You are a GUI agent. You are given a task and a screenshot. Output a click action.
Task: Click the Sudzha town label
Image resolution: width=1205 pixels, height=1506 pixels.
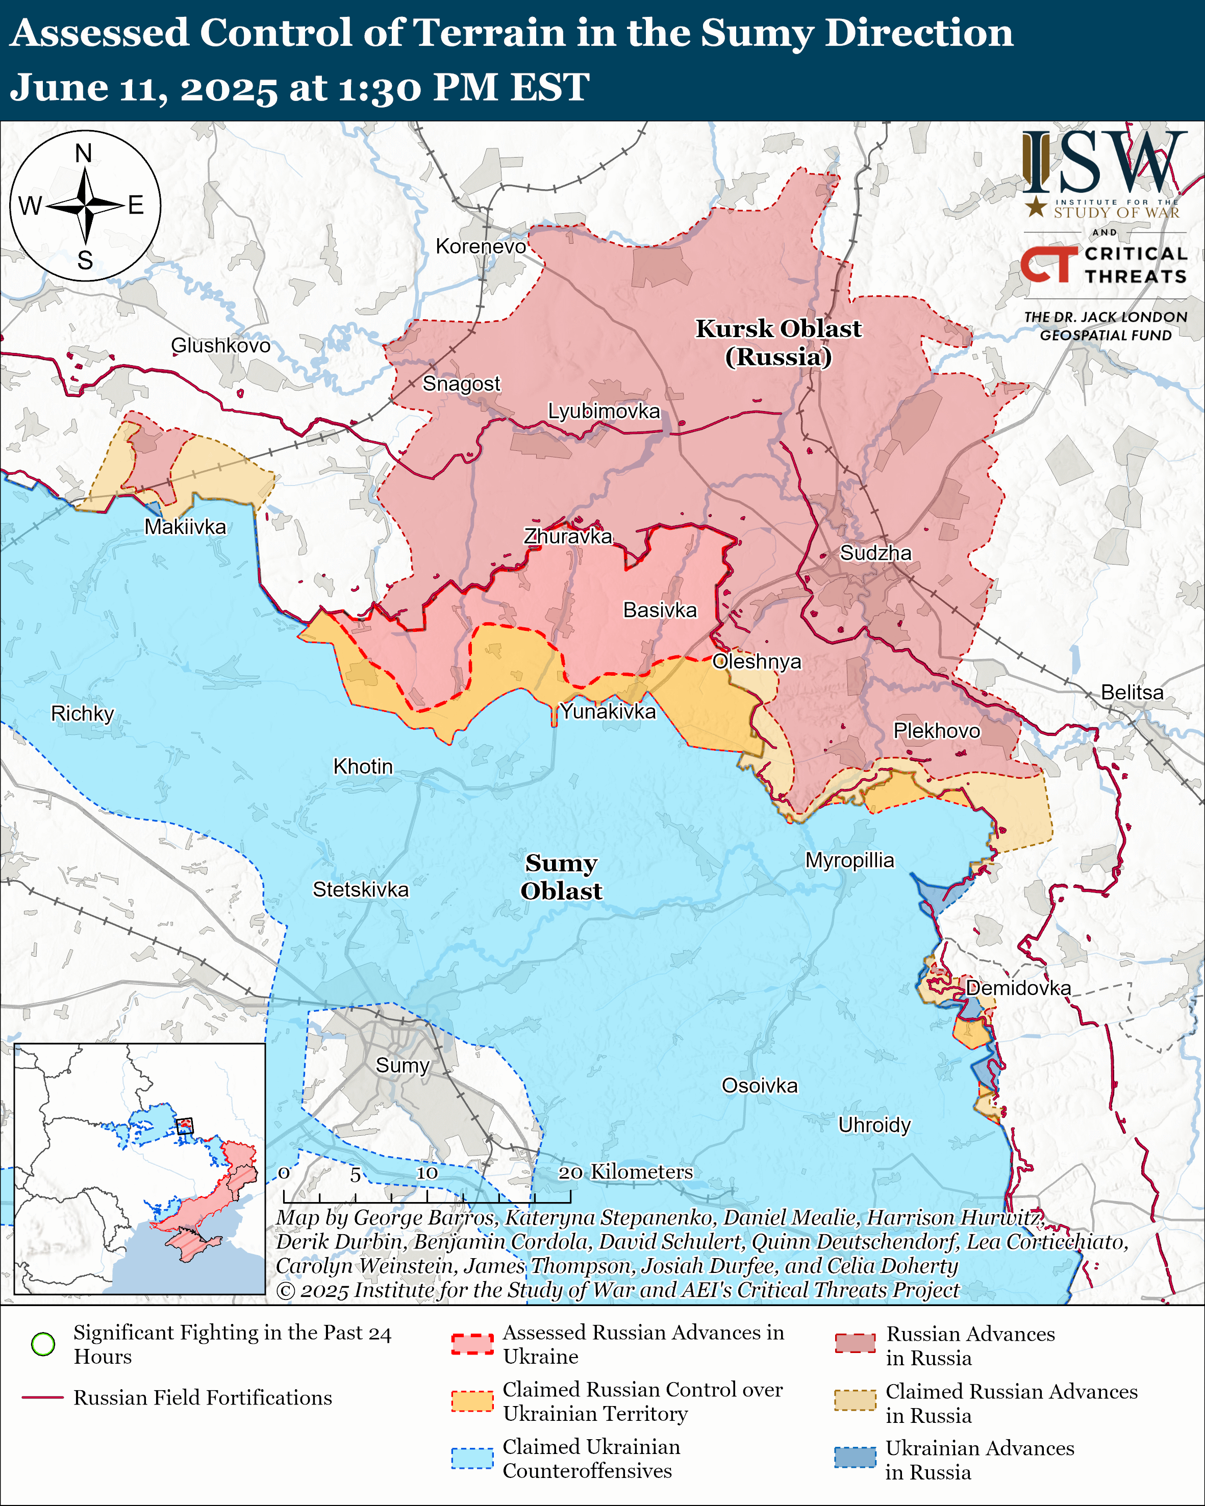[x=875, y=553]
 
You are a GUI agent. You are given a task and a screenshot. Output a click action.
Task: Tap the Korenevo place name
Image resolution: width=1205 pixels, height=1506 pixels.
[x=481, y=246]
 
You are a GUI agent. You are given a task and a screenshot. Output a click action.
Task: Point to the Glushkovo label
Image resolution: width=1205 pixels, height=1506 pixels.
[x=221, y=345]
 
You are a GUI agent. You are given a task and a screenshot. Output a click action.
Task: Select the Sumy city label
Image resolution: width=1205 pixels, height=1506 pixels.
[x=403, y=1065]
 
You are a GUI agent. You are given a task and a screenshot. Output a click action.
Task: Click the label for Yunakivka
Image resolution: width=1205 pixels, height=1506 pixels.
[x=609, y=711]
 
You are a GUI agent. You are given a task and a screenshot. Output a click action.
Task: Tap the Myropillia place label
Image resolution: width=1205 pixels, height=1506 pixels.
[x=849, y=860]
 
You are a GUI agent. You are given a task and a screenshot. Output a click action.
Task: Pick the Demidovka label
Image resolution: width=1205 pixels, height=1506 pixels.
[x=1018, y=988]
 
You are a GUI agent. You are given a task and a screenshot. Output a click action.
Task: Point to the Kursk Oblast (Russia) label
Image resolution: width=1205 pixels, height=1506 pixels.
[x=778, y=342]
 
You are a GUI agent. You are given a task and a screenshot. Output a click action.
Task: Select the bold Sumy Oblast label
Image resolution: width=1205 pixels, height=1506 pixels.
[x=561, y=877]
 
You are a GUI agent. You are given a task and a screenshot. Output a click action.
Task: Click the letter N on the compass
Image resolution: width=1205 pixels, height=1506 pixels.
[x=84, y=153]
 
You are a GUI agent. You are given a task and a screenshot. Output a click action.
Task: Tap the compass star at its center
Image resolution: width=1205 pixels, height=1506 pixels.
[x=85, y=206]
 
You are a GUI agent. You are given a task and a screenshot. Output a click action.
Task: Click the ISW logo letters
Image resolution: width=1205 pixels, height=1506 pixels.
[x=1103, y=163]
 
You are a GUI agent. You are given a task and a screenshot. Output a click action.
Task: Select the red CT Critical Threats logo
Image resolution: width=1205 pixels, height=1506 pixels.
[x=1048, y=264]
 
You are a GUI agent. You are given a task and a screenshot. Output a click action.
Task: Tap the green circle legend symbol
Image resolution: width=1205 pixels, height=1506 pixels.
[x=43, y=1344]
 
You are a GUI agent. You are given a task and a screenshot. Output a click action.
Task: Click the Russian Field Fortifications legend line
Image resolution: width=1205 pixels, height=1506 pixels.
[x=43, y=1398]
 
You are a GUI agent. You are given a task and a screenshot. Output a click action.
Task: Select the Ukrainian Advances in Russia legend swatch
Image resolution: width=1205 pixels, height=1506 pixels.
[x=855, y=1458]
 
